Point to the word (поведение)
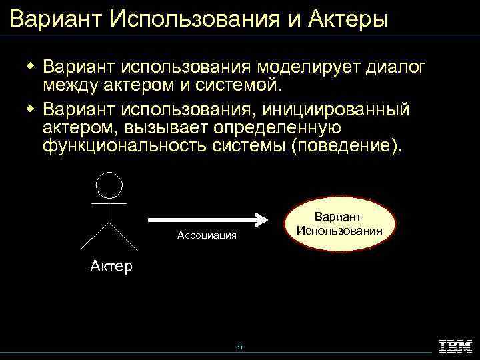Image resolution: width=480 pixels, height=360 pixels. pos(347,145)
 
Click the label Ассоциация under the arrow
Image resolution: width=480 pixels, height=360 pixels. pos(207,235)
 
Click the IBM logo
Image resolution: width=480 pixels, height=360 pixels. pos(455,346)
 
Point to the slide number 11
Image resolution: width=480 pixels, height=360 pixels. pos(240,348)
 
